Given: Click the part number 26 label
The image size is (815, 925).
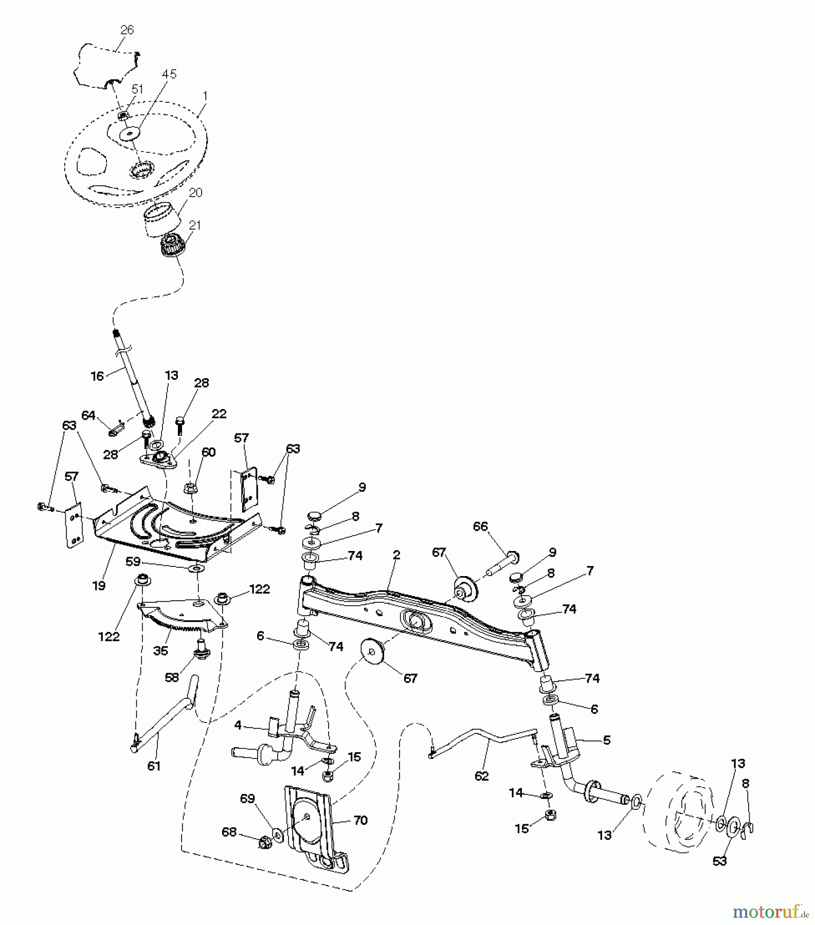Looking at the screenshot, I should click(127, 30).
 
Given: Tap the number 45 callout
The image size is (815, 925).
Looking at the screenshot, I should click(169, 75).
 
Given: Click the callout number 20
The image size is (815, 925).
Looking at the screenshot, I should click(195, 193).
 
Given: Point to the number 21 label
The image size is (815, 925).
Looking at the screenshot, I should click(195, 226).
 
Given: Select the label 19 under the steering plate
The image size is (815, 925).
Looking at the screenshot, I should click(99, 585).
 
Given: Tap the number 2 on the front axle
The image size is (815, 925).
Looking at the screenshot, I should click(396, 556).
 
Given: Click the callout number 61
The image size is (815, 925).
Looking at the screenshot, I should click(154, 766).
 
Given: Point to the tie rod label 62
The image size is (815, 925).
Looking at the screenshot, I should click(481, 775).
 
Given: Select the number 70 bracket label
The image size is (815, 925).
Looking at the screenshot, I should click(360, 821).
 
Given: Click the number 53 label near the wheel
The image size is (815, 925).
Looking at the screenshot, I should click(719, 861).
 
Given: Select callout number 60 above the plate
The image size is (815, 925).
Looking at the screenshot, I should click(208, 452).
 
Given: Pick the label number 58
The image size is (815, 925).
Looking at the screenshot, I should click(172, 677).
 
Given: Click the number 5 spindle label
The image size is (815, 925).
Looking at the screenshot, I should click(607, 741).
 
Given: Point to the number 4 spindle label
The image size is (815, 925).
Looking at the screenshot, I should click(238, 726).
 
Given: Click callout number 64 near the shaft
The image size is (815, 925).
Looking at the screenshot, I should click(88, 415).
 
